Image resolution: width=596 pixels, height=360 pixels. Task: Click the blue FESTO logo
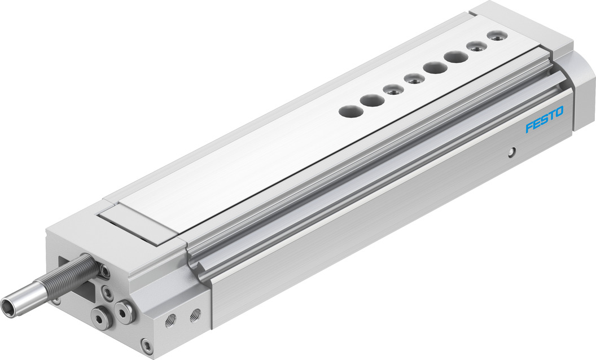click(x=544, y=120)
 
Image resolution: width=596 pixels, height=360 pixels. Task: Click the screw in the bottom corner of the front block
click(x=146, y=345)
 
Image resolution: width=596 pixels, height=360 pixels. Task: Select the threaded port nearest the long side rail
click(x=195, y=315)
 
